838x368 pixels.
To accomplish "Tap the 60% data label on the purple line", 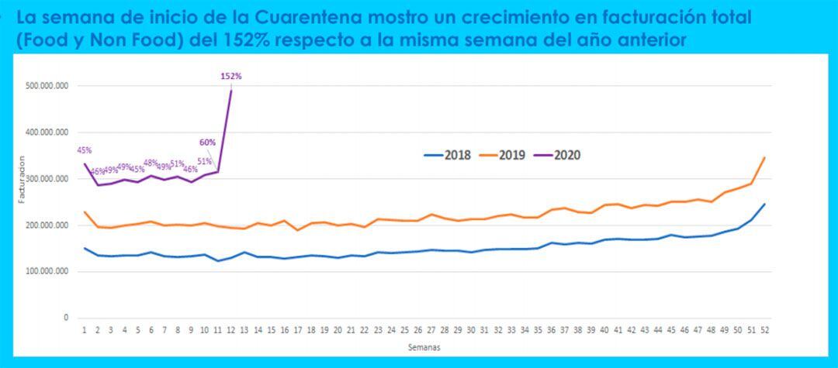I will coord(207,143).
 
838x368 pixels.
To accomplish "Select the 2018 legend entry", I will coord(449,155).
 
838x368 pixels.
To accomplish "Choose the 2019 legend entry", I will coord(505,155).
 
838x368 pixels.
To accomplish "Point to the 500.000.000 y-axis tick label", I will coord(47,86).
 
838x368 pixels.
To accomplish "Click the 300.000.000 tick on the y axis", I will coord(47,179).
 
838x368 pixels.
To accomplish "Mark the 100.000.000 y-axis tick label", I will coord(47,272).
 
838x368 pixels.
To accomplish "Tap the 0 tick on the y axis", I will coord(66,318).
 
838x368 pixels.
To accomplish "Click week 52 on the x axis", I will coord(764,331).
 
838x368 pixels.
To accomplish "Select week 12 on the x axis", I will coord(231,331).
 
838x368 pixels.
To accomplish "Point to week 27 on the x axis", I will coord(431,331).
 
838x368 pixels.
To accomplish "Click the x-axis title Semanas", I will coord(424,347).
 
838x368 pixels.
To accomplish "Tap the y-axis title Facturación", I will coord(22,179).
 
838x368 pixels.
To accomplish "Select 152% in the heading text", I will coord(255,40).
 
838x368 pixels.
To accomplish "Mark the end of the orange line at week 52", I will coord(764,157).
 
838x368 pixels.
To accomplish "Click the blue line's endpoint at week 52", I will coord(764,204).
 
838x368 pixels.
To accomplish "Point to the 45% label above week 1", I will coord(85,150).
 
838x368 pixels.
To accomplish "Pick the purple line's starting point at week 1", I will coord(85,163).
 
